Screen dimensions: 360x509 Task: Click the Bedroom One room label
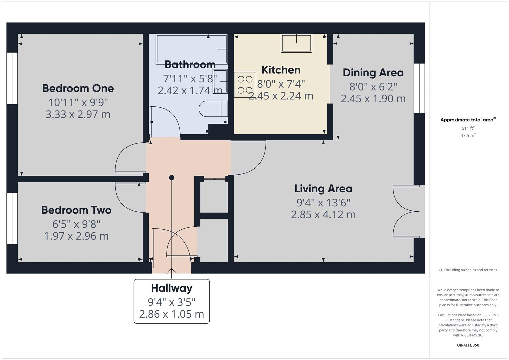[x=78, y=88]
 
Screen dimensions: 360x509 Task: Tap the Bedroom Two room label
[x=76, y=210]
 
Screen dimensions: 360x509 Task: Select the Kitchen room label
[x=281, y=70]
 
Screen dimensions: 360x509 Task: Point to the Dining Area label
[x=373, y=73]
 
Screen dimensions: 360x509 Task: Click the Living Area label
[x=323, y=189]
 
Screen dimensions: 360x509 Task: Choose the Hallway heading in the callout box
[x=171, y=288]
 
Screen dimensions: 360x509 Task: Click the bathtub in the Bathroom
[x=191, y=49]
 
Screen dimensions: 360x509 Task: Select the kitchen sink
[x=296, y=43]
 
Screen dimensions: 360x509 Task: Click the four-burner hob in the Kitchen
[x=245, y=85]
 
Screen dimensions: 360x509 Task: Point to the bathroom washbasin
[x=220, y=81]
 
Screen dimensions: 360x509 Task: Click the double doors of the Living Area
[x=406, y=211]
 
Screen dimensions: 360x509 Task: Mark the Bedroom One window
[x=12, y=78]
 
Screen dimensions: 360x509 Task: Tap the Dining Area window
[x=419, y=88]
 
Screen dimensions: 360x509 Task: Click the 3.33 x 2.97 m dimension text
[x=78, y=114]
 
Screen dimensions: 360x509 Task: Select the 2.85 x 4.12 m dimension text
[x=323, y=214]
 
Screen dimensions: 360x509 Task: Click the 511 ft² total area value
[x=468, y=128]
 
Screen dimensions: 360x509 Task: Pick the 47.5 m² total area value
[x=468, y=135]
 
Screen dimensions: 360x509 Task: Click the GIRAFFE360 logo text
[x=468, y=345]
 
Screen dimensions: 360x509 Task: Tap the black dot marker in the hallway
[x=172, y=178]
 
